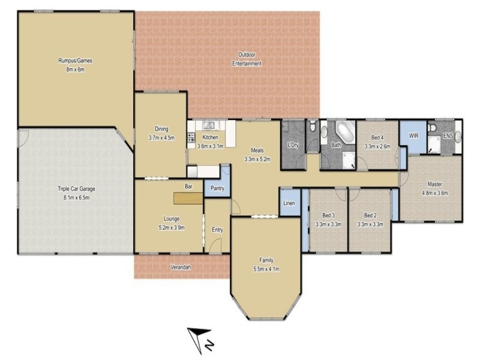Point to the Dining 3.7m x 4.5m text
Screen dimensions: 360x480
coord(161,133)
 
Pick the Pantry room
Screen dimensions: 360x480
coord(217,187)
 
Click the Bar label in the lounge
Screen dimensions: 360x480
coord(188,187)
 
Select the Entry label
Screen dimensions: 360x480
coord(217,229)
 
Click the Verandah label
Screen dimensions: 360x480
coord(181,267)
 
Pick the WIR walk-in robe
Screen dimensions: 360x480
coord(413,137)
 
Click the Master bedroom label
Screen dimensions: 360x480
coord(435,188)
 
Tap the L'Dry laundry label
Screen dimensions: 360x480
coord(293,145)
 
